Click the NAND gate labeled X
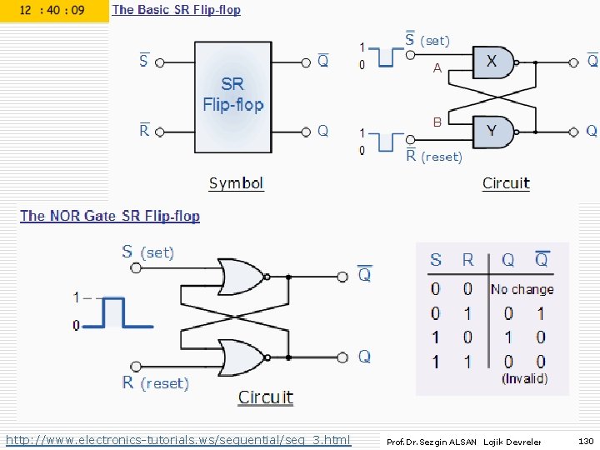click(x=493, y=62)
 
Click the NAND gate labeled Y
click(x=493, y=131)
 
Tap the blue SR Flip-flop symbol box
click(x=232, y=96)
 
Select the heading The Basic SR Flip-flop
click(x=176, y=10)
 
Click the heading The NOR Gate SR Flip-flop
click(x=110, y=216)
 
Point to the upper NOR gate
click(x=241, y=276)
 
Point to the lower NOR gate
click(x=241, y=357)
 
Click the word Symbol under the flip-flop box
click(x=236, y=183)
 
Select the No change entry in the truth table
click(x=522, y=290)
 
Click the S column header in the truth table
click(x=436, y=260)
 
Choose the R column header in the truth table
click(x=467, y=260)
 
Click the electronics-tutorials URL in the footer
click(x=178, y=439)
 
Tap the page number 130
click(x=585, y=441)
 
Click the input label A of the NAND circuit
click(x=437, y=69)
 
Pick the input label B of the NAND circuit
click(x=437, y=122)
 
